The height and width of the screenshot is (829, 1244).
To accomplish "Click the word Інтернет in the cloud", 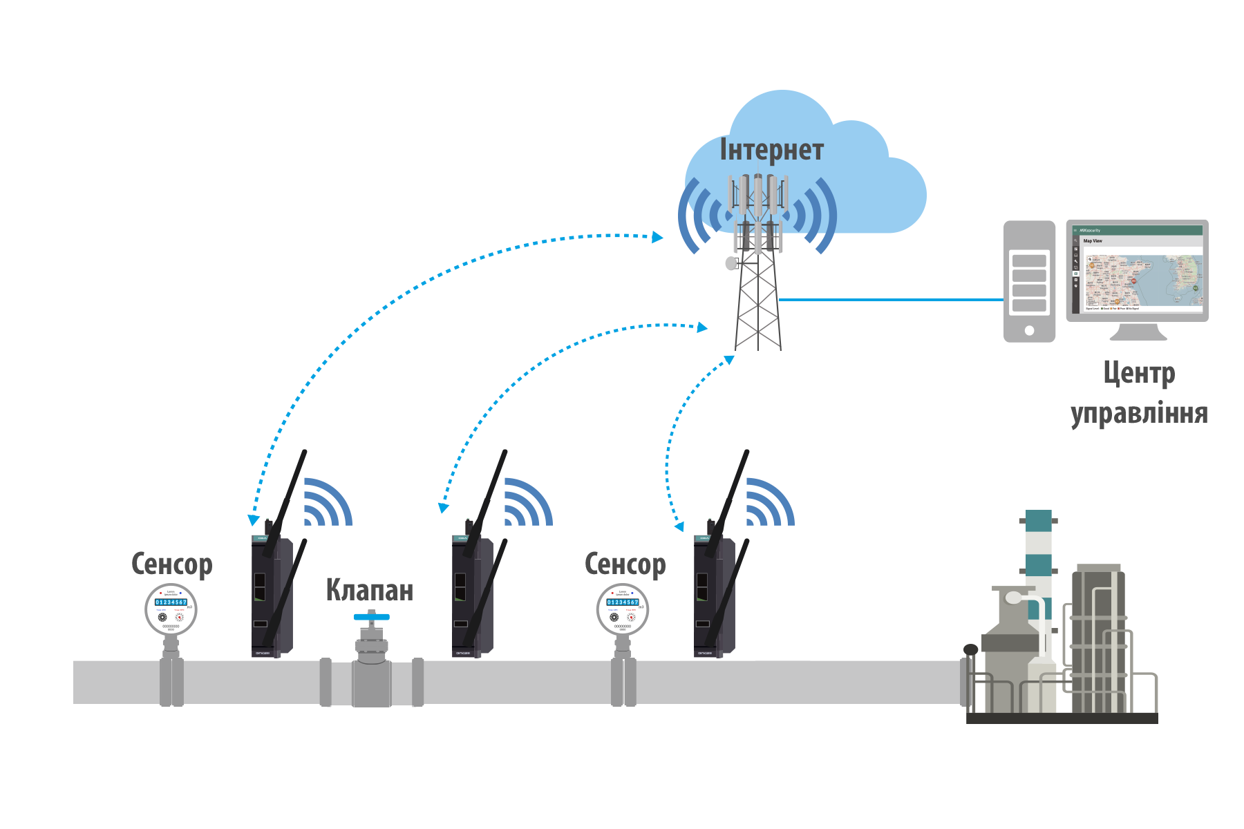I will coord(771,151).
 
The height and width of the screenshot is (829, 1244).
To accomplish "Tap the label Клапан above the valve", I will coord(369,590).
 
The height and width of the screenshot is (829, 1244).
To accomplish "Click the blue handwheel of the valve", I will coord(371,616).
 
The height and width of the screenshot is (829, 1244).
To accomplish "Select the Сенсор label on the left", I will coord(171,564).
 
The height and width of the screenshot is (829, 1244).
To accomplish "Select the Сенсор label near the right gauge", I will coord(625,564).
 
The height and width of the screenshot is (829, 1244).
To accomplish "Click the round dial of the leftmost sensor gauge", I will coord(171,609).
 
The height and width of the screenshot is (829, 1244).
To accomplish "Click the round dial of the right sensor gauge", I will coord(623,609).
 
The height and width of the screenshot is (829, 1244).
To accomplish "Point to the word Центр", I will coord(1139,374).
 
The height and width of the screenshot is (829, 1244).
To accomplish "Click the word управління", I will coord(1139,413).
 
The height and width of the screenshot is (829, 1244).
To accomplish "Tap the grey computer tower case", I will coord(1029,280).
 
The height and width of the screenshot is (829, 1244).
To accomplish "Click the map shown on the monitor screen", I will coord(1142,280).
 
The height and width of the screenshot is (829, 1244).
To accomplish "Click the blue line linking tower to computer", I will coord(892,300).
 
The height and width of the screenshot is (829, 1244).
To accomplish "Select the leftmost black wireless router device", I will coord(272,594).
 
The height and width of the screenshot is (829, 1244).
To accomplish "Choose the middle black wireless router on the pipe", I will coord(473,594).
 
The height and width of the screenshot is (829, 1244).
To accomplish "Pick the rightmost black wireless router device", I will coord(715,594).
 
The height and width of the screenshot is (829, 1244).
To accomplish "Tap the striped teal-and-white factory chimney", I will coord(1038,553).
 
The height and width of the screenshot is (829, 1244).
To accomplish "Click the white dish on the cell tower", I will coord(731,263).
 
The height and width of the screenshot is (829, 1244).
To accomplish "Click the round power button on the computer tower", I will coord(1029,330).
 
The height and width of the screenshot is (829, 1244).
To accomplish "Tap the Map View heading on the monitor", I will coord(1093,241).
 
